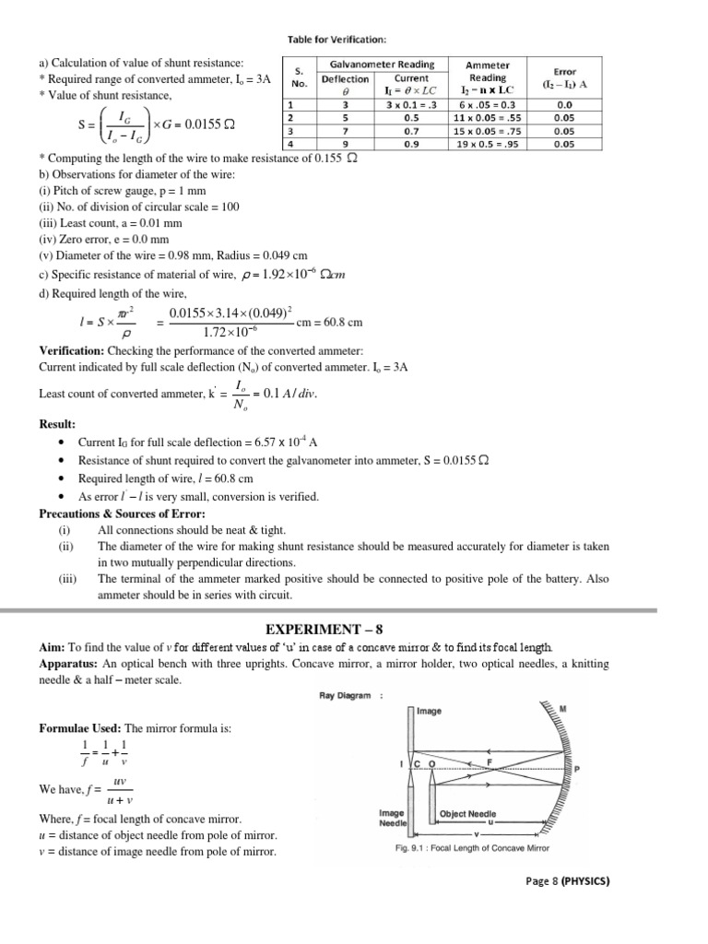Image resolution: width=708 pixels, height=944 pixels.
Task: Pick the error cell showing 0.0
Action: pos(565,105)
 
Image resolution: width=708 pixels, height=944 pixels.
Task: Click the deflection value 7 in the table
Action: pos(345,131)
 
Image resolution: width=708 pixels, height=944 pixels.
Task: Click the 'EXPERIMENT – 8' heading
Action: pos(354,629)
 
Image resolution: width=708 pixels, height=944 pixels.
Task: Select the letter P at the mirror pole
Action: pos(578,768)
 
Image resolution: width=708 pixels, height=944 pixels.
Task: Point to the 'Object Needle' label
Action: pos(467,814)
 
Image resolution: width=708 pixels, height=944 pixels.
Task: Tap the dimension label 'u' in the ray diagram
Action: pos(490,822)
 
